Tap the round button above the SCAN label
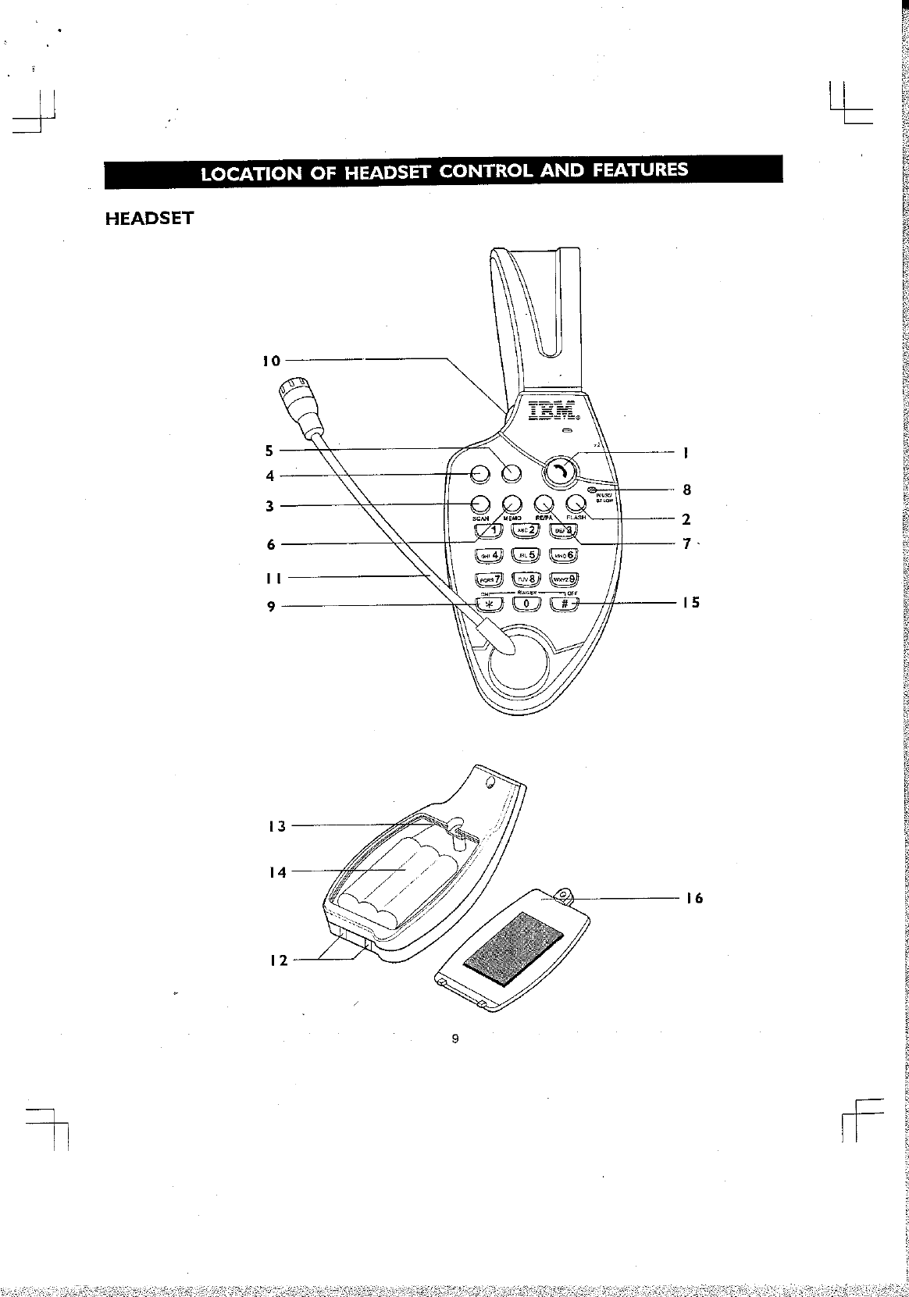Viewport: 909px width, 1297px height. (480, 504)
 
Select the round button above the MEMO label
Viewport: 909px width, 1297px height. (512, 504)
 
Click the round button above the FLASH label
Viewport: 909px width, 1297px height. (576, 504)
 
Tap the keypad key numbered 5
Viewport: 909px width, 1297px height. (526, 555)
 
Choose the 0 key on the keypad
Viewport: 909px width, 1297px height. (526, 604)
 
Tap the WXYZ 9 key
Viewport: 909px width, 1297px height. (565, 579)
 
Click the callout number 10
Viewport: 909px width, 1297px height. (270, 361)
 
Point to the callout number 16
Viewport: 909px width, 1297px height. (694, 899)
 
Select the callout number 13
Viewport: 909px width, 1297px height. (277, 825)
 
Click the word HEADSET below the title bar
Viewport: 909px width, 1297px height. (148, 218)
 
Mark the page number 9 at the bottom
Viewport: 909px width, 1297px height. (454, 1039)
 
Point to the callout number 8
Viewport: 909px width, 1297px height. (686, 490)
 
